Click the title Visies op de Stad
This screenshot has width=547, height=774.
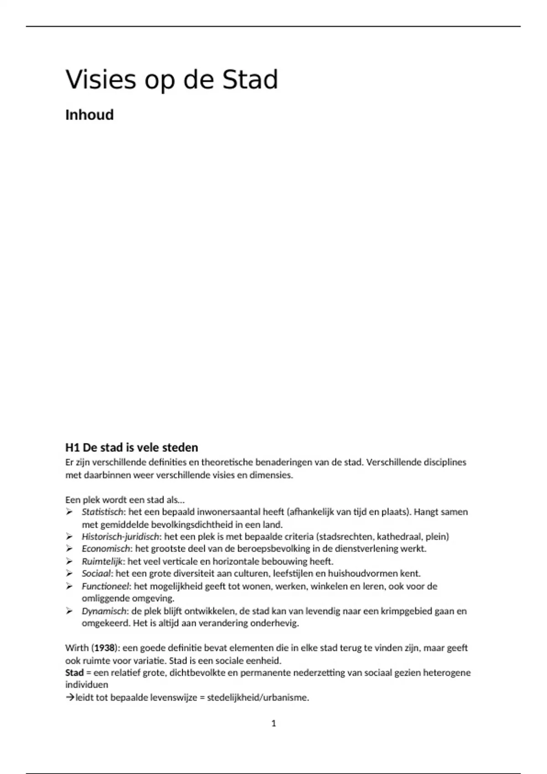(172, 80)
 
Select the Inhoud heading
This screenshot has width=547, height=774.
(89, 115)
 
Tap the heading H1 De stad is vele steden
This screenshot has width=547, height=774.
(132, 447)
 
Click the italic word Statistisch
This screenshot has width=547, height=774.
(103, 512)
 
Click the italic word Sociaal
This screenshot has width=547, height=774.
(97, 574)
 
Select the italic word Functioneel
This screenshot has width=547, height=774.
(106, 586)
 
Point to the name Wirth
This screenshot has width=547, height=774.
(77, 648)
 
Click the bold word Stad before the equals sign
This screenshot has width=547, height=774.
(74, 672)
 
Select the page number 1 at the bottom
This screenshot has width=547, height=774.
(273, 723)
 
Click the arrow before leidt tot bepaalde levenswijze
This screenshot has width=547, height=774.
(70, 698)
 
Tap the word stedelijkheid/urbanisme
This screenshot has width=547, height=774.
(258, 698)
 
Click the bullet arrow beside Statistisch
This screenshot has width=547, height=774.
(69, 512)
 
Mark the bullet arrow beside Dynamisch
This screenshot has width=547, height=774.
(69, 611)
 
